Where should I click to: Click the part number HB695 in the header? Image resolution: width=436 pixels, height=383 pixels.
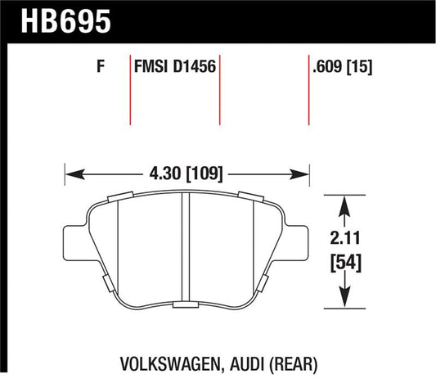click(x=66, y=21)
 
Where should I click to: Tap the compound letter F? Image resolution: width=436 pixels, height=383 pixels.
click(x=101, y=67)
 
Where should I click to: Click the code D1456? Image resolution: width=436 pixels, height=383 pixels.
click(x=195, y=67)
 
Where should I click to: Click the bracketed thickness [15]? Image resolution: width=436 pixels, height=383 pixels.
click(x=359, y=67)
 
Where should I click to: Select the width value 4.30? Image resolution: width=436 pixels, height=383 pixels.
click(x=165, y=173)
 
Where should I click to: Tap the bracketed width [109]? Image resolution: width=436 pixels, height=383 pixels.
click(x=205, y=174)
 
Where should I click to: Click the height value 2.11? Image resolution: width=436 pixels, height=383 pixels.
click(x=345, y=238)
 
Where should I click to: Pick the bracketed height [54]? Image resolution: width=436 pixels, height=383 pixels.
click(x=346, y=262)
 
